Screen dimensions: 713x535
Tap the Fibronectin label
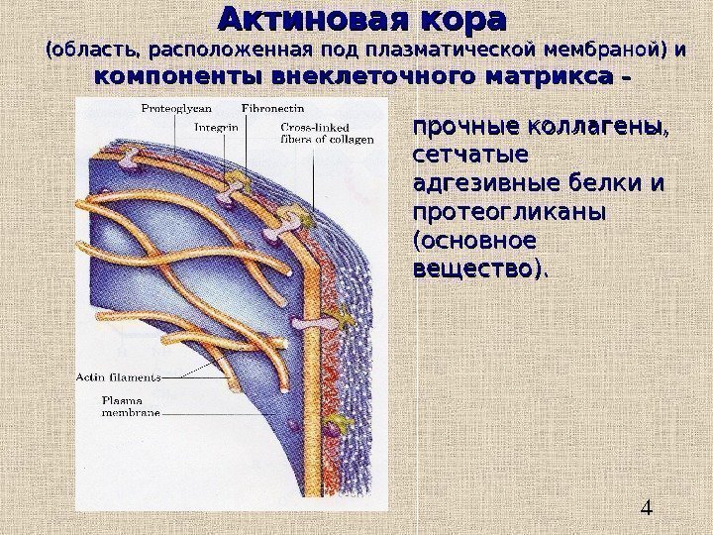(271, 106)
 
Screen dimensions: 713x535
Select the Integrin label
(216, 128)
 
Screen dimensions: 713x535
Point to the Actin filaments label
(119, 376)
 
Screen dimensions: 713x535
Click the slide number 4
(647, 509)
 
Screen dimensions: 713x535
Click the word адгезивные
(481, 185)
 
